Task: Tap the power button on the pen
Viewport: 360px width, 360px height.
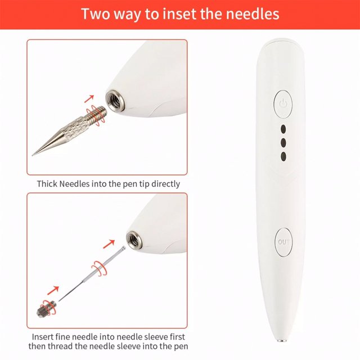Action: pos(283,104)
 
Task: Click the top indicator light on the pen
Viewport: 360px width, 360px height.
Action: pos(283,128)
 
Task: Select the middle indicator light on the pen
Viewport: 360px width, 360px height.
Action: pos(283,142)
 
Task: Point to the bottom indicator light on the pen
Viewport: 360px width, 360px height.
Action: pos(283,155)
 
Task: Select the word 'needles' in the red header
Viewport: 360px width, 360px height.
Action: pos(249,13)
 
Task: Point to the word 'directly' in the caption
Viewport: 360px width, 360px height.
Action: pos(165,184)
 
